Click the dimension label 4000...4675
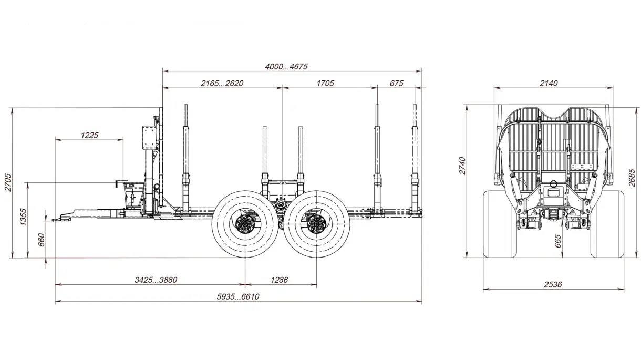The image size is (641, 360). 285,66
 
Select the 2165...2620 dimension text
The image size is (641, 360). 222,83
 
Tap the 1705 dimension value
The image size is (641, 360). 325,83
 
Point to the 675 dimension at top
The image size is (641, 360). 397,83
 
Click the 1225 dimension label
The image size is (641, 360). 89,135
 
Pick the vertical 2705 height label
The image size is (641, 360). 8,182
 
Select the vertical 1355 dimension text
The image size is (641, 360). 23,217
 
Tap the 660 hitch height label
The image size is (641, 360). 42,240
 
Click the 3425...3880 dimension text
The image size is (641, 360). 152,280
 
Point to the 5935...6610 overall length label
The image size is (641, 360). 238,296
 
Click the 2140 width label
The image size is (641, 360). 549,83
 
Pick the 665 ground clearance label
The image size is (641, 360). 558,241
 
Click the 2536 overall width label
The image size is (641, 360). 552,284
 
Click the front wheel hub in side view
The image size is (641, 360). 245,224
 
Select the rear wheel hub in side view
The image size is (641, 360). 316,224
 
